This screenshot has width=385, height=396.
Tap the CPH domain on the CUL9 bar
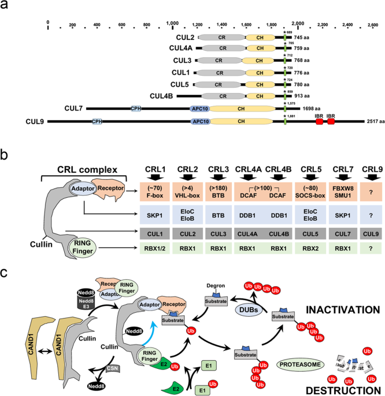(x=96, y=121)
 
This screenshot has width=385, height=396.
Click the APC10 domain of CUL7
(x=199, y=108)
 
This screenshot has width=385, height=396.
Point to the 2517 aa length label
(x=375, y=121)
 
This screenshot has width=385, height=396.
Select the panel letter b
(x=5, y=154)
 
